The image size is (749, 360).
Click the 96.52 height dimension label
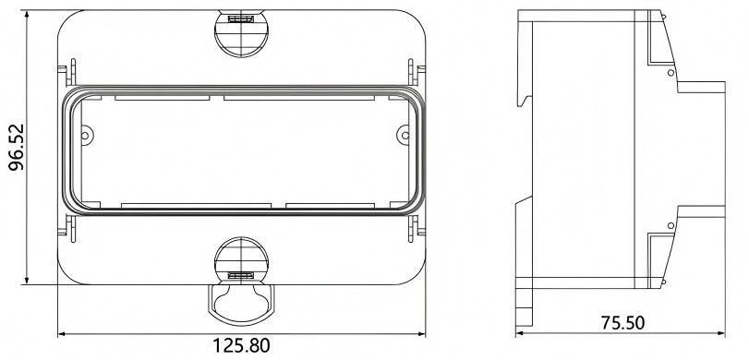pyautogui.click(x=17, y=148)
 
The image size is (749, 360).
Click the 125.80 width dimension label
pyautogui.click(x=241, y=345)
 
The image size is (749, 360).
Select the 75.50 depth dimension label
pyautogui.click(x=622, y=323)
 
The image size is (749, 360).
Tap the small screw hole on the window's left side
pyautogui.click(x=85, y=136)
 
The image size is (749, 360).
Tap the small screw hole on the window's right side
pyautogui.click(x=405, y=136)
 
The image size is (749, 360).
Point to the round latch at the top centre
pyautogui.click(x=241, y=33)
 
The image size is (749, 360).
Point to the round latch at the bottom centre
pyautogui.click(x=241, y=260)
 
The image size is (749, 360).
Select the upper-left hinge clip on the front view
pyautogui.click(x=67, y=72)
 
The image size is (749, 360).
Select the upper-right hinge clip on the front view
pyautogui.click(x=416, y=72)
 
